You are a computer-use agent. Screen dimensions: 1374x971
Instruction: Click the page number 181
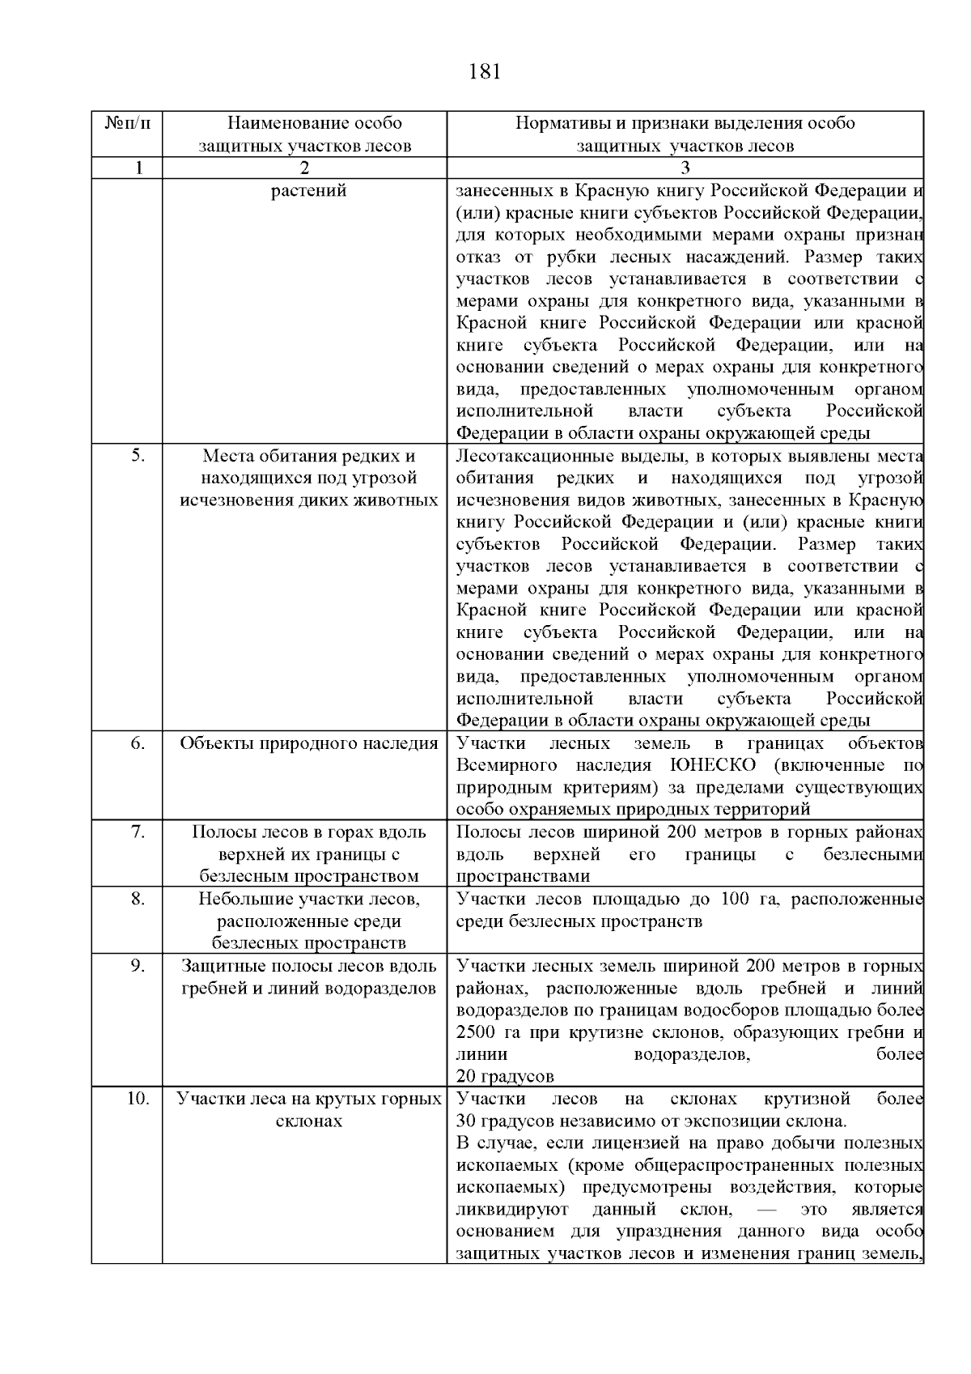485,72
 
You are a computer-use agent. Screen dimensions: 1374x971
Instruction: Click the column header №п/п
127,124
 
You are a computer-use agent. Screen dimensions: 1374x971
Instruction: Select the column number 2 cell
304,168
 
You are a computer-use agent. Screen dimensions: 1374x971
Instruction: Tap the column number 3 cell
685,168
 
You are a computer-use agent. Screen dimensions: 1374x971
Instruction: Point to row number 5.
138,456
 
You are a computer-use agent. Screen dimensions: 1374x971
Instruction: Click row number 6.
138,743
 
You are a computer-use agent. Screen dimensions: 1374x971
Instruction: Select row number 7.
138,832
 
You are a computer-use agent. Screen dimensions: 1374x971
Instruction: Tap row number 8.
138,898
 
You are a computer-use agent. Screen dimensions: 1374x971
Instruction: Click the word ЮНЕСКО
713,765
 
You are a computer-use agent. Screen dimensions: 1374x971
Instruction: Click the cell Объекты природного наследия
308,743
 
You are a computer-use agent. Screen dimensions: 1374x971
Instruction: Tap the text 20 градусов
505,1076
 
